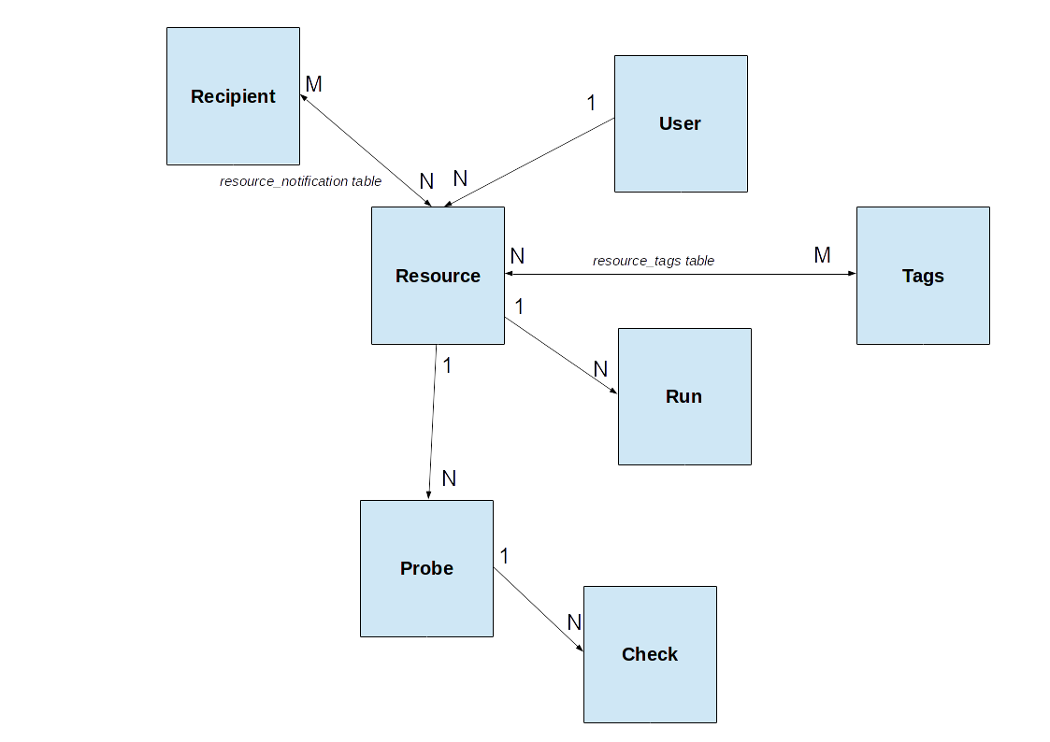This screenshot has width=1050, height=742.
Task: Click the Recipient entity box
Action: coord(233,96)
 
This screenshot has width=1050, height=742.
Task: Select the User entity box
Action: coord(680,123)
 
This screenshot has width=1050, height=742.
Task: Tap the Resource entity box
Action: coord(438,276)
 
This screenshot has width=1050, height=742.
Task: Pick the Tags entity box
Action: coord(922,276)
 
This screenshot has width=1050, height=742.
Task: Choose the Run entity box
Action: coord(683,396)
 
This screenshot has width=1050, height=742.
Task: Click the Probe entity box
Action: coord(426,568)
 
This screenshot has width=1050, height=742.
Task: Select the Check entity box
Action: coord(650,654)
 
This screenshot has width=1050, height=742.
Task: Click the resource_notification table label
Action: coord(300,181)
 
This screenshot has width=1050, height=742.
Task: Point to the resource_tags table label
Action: coord(653,261)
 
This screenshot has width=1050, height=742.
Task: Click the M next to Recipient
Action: coord(313,84)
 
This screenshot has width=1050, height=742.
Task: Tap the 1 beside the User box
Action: coord(591,103)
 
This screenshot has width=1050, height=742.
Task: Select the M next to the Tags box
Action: coord(822,255)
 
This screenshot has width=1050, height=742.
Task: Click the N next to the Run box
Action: coord(600,369)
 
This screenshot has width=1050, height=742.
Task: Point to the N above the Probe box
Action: coord(449,478)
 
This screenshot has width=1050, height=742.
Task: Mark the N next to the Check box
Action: coord(574,622)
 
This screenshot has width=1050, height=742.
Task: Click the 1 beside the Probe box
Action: coord(504,556)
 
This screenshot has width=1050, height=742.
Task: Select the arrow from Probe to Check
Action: coord(539,609)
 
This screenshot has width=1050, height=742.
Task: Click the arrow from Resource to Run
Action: coord(561,356)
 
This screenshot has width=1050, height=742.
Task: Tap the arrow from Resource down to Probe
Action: coord(433,421)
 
